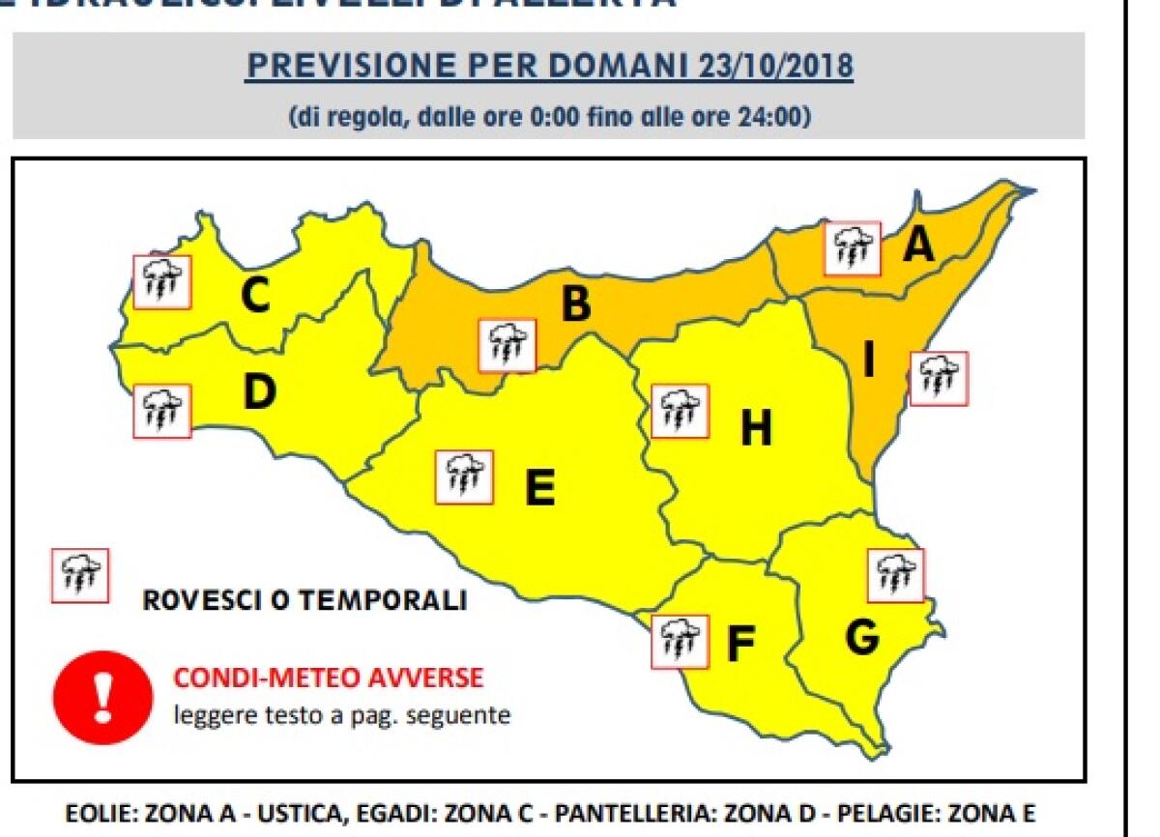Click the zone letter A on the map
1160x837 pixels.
918,245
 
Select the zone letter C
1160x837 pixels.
255,296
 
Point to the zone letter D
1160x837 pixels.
258,392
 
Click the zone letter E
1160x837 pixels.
539,488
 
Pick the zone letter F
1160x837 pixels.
739,646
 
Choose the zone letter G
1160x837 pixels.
861,637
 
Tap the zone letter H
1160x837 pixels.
756,429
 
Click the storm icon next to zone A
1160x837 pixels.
853,248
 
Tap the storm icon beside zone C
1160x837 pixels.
162,281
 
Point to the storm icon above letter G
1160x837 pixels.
896,575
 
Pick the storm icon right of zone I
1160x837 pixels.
939,378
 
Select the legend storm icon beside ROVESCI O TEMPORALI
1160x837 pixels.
80,575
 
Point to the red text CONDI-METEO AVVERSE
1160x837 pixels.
328,678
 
